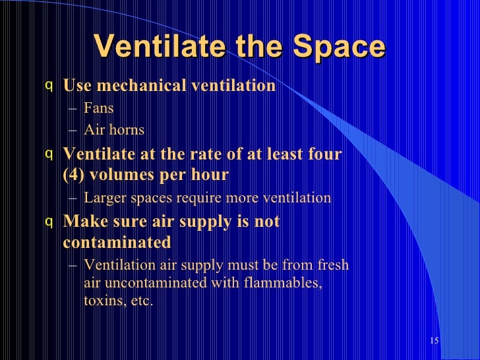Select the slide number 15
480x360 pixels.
[x=433, y=341]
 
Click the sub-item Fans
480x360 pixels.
[x=98, y=108]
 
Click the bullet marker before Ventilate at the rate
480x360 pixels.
[x=48, y=154]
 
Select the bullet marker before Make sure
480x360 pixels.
[x=48, y=222]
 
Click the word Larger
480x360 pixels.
[x=105, y=198]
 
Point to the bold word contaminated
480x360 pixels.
[x=117, y=243]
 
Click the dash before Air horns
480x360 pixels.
[x=71, y=130]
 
